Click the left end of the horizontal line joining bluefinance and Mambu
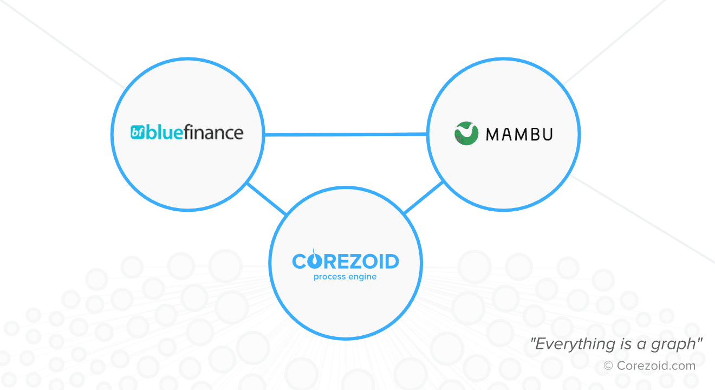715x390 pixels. [265, 135]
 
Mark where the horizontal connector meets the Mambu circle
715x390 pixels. [427, 134]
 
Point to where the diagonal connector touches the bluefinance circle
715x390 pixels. [248, 184]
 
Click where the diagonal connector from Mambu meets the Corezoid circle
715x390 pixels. [405, 212]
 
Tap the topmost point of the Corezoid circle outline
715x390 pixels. [346, 187]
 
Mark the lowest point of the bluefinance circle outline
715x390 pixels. [187, 210]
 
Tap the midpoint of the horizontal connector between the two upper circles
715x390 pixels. [346, 135]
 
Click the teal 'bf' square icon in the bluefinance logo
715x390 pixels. [138, 132]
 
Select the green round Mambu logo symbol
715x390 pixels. [466, 133]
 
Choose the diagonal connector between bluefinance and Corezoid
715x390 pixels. [267, 198]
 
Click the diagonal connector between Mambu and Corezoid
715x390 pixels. [424, 197]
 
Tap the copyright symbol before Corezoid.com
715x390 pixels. [608, 366]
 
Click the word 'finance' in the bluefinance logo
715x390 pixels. [213, 132]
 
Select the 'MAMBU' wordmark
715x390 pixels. [519, 134]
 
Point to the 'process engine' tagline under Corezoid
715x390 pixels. [345, 277]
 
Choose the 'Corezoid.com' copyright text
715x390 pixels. [656, 366]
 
